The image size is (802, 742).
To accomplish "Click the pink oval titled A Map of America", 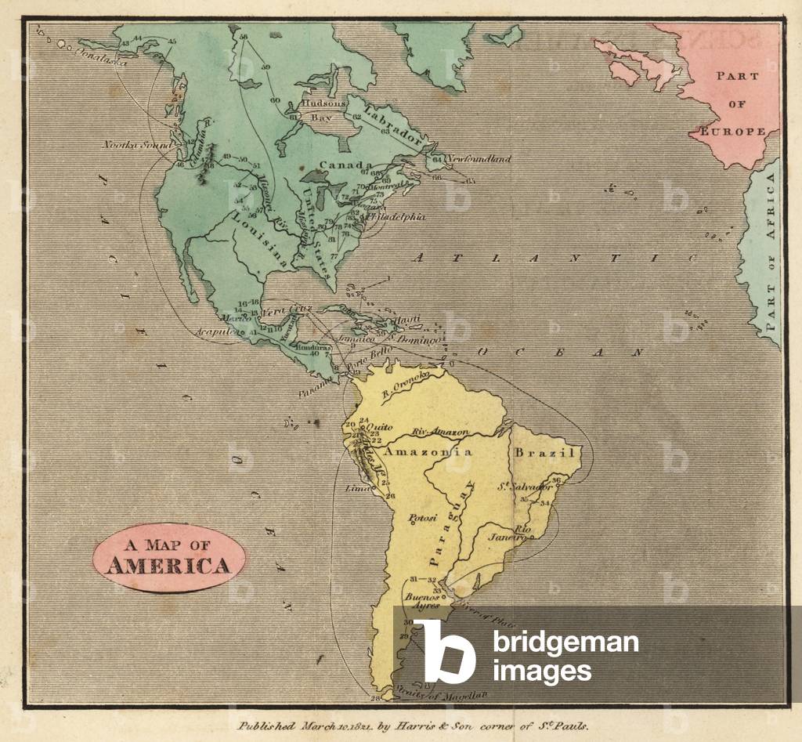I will click(168, 557).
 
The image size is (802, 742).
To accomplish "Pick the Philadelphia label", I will click(397, 216).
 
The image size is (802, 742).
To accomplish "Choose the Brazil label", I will click(545, 453).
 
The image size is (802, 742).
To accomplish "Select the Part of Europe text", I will click(738, 103).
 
